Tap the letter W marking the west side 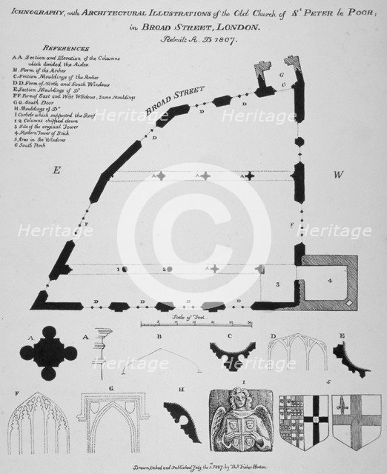(338, 175)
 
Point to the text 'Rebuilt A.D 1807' (193, 40)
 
